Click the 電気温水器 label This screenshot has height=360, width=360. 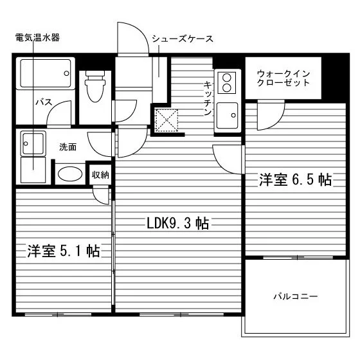click(37, 37)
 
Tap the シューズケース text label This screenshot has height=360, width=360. click(183, 39)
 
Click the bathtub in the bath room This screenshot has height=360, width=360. click(46, 73)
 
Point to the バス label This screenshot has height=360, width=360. click(44, 102)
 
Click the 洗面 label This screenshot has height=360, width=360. click(67, 147)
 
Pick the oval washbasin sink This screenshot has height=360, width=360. click(70, 174)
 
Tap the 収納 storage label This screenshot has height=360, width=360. click(100, 175)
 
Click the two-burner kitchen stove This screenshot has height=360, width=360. click(227, 83)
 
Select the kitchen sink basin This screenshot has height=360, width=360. click(228, 115)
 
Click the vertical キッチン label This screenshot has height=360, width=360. click(207, 98)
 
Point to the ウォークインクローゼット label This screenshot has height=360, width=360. click(283, 78)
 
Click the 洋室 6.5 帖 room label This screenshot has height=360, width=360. click(296, 179)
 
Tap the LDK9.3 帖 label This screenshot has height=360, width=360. click(177, 223)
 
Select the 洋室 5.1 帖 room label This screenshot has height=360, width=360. click(64, 251)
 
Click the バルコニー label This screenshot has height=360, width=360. click(296, 296)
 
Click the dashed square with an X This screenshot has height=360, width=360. click(167, 121)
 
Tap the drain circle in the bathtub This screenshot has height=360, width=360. click(67, 73)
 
